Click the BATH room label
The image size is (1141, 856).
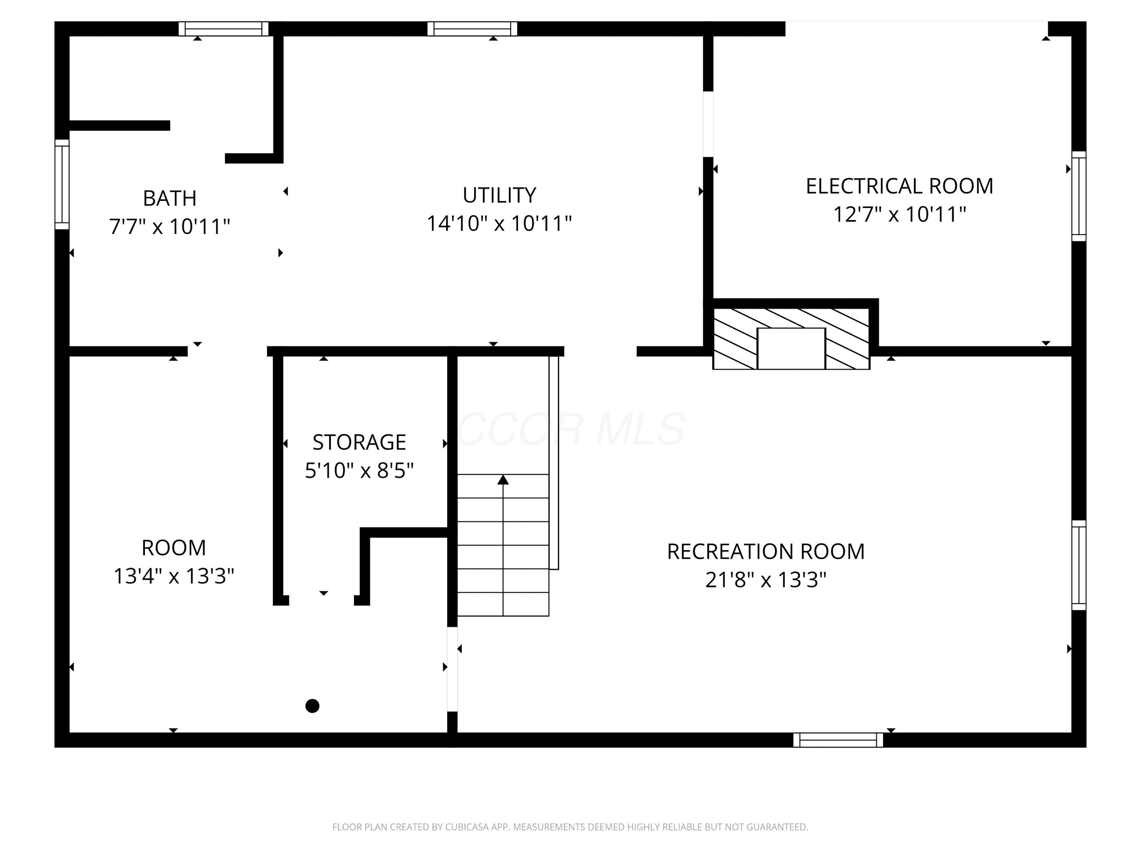click(x=170, y=198)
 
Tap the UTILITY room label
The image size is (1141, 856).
click(x=499, y=195)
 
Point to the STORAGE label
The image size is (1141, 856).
click(x=359, y=442)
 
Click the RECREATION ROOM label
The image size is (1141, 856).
click(x=766, y=552)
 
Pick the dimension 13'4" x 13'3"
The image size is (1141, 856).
click(x=174, y=576)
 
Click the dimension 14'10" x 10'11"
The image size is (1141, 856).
click(x=499, y=223)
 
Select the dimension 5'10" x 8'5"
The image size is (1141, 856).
click(x=359, y=471)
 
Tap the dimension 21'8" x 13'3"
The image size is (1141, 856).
click(x=766, y=580)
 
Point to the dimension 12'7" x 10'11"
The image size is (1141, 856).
click(x=899, y=214)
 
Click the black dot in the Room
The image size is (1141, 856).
click(x=312, y=706)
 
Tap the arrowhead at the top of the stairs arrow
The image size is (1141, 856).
click(x=503, y=480)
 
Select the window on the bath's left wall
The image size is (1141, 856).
click(x=62, y=184)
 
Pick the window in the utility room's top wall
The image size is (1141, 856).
click(x=472, y=29)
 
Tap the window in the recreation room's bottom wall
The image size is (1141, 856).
click(x=838, y=740)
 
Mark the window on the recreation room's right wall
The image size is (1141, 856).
click(x=1079, y=565)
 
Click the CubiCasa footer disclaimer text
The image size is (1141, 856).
click(x=570, y=827)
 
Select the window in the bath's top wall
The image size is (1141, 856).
click(x=223, y=29)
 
